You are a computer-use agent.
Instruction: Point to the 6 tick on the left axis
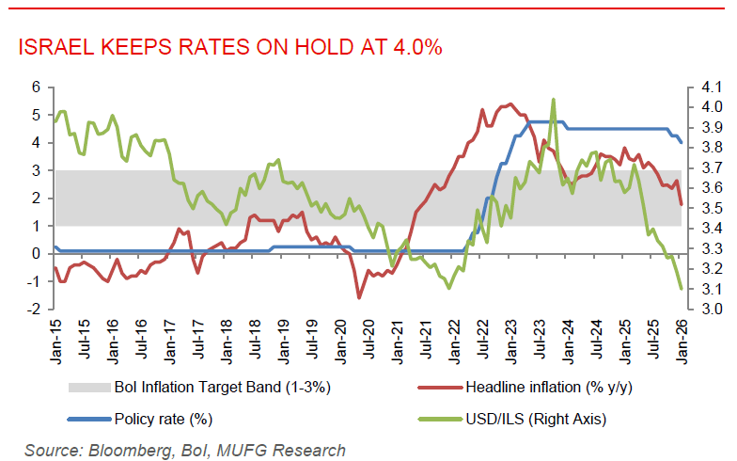(37, 87)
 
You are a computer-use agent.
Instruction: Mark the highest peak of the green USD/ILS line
(553, 99)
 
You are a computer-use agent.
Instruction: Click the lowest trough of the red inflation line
(359, 297)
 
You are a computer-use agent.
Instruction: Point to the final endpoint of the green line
(681, 289)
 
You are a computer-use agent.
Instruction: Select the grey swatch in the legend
(88, 387)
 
